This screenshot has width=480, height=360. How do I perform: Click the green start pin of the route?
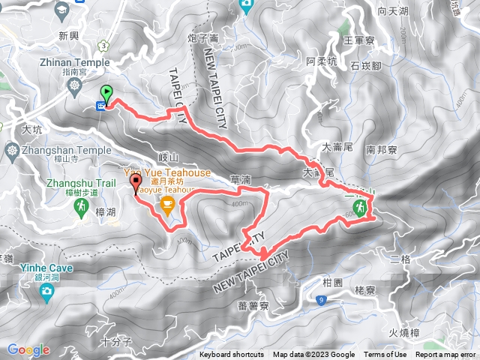click(106, 94)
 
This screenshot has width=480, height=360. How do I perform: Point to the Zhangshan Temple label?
click(52, 149)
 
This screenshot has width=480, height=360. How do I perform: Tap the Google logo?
click(28, 349)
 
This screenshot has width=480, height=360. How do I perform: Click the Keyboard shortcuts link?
click(232, 355)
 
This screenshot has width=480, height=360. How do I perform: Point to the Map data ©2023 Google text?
click(313, 355)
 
